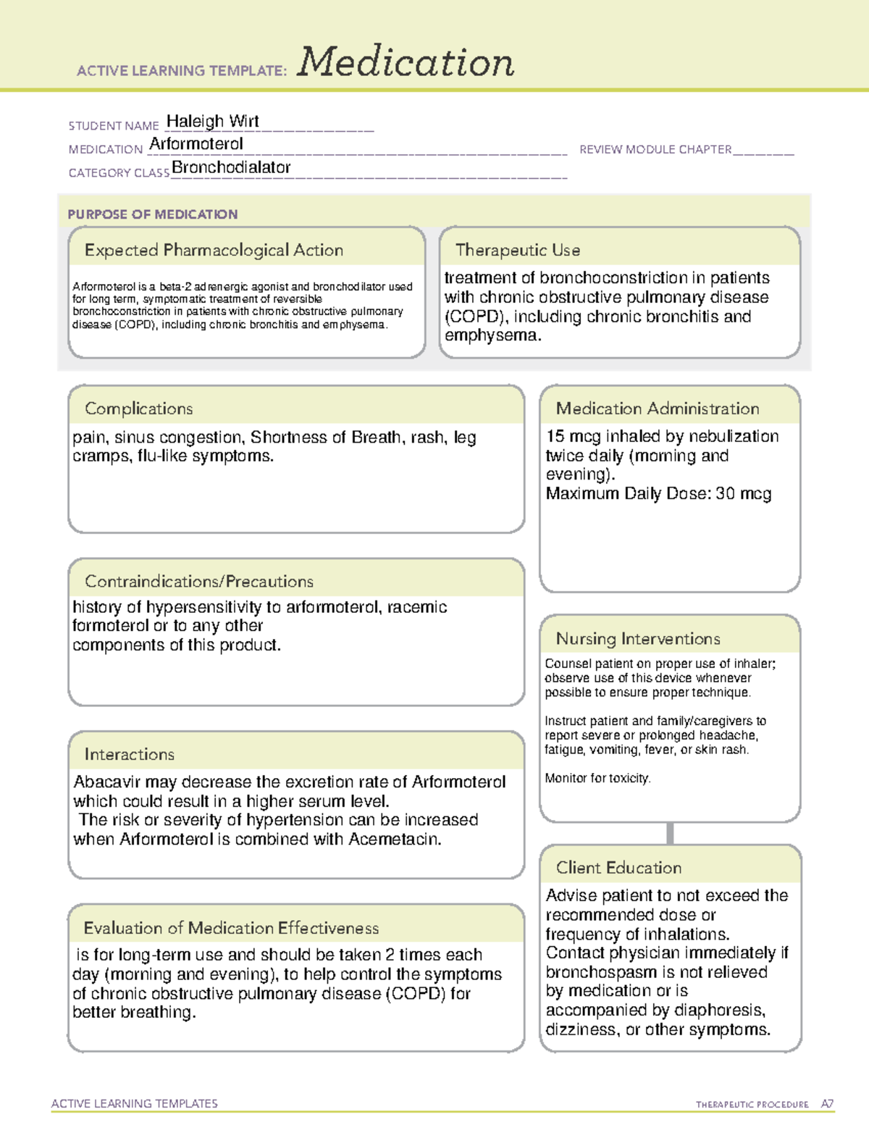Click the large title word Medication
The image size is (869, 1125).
point(406,62)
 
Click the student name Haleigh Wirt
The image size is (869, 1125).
point(212,122)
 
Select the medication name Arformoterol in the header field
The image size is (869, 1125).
point(196,144)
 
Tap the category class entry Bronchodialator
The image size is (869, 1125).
point(231,167)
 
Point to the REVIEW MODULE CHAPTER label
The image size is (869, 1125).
point(655,149)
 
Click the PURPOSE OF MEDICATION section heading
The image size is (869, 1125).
point(152,214)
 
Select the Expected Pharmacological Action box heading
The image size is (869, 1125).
point(214,250)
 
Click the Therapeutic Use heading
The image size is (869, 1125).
point(517,250)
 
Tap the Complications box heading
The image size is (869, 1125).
point(138,409)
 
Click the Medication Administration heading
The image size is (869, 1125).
point(657,409)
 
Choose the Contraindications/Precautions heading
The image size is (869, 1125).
point(198,581)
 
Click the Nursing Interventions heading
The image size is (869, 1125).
point(637,639)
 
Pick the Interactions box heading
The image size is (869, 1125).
point(129,754)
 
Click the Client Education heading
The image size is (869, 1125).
point(618,868)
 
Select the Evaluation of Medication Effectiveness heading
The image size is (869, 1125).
point(231,928)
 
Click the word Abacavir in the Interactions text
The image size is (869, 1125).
point(107,782)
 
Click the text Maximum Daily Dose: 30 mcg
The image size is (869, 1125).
point(658,494)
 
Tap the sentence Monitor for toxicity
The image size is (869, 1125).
point(597,778)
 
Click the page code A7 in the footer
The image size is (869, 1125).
point(826,1104)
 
